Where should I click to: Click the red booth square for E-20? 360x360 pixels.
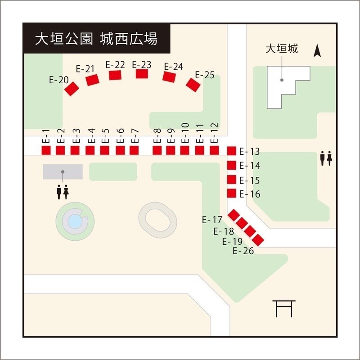[72, 89]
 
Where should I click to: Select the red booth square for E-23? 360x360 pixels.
[142, 74]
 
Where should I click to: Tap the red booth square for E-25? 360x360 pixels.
[193, 85]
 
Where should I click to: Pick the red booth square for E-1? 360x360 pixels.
[46, 150]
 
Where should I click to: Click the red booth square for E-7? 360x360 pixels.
[134, 150]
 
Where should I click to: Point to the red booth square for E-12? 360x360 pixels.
[214, 150]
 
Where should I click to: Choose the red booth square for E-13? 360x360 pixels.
[232, 151]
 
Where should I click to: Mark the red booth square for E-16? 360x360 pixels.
[232, 193]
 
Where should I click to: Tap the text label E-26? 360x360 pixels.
[243, 251]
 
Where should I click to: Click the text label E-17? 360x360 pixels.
[212, 220]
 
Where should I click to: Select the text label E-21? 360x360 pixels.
[85, 69]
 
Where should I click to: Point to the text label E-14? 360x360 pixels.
[250, 166]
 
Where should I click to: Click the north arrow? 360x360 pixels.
[317, 51]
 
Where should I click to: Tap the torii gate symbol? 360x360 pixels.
[284, 309]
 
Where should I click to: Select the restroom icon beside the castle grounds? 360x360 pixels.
[326, 158]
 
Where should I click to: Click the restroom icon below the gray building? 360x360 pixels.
[63, 192]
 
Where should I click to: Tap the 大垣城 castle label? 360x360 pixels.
[282, 49]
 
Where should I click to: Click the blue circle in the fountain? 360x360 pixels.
[75, 221]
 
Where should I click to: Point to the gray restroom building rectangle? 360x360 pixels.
[63, 172]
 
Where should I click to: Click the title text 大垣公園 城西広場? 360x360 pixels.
[96, 39]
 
